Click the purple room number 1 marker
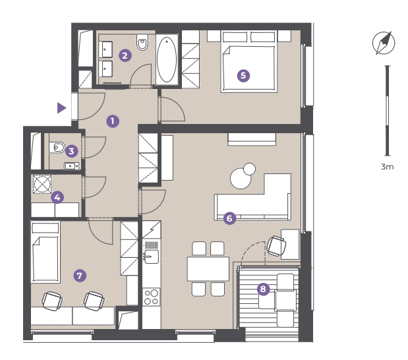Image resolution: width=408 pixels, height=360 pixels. pos(113,121)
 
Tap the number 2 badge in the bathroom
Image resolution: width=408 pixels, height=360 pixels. pos(125,55)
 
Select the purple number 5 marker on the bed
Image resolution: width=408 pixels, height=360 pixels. pos(243,75)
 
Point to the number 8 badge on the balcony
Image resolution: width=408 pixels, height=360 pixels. pos(263,289)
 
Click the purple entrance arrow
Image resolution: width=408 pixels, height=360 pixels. pos(62,108)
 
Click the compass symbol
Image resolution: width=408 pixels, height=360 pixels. pos(384,44)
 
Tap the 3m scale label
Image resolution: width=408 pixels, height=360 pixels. pos(387,167)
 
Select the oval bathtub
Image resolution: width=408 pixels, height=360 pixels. pos(167,59)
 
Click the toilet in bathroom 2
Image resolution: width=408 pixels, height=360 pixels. pos(142,42)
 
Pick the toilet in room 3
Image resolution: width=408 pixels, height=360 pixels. pos(57,148)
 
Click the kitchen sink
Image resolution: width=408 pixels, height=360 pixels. pos(151,256)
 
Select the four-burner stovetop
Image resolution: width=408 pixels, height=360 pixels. pos(152,297)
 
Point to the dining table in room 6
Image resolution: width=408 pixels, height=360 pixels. pos(208,269)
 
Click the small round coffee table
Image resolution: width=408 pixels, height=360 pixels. pos(250,169)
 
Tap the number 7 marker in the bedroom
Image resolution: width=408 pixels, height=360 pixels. pos(80,276)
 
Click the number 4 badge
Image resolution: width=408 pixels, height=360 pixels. pos(57,197)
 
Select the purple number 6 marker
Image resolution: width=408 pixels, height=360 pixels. pos(229,218)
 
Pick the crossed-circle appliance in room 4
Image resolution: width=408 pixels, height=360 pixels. pos(42,184)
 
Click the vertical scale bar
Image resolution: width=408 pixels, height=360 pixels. pos(388,111)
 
